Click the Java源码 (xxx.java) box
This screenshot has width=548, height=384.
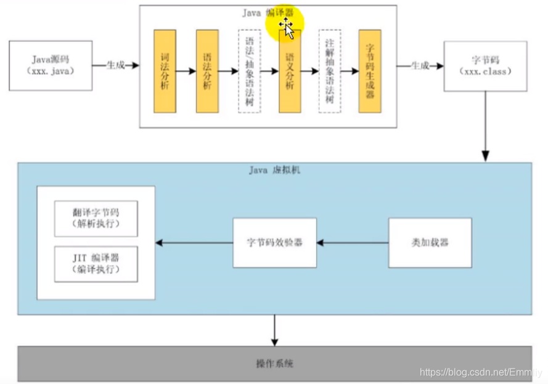(51, 65)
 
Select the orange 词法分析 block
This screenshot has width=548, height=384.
(165, 71)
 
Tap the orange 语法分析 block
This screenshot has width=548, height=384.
(207, 71)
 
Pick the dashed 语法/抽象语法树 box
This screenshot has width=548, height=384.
(249, 71)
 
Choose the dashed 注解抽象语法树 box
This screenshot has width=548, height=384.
(330, 71)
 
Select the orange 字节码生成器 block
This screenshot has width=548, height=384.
(370, 71)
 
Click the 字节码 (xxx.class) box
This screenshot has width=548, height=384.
(485, 66)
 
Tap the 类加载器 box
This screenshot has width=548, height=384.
(430, 243)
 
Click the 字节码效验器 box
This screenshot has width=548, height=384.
(274, 243)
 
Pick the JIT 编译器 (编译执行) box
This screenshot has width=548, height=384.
(96, 264)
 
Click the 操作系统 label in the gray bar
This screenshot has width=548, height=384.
(274, 364)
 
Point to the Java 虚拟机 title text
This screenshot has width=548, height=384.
(275, 171)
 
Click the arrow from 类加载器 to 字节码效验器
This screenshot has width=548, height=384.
(353, 243)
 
